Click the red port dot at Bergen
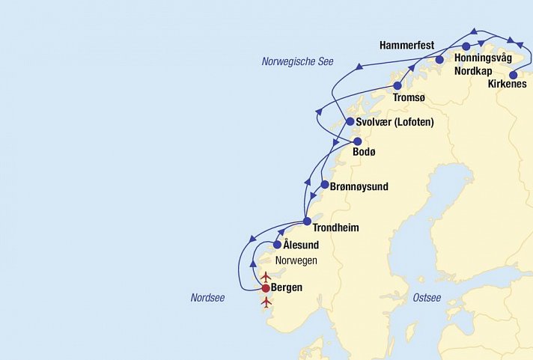[266, 288]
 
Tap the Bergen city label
[287, 288]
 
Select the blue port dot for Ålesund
[278, 245]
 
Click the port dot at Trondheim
[308, 221]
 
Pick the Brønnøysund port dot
[324, 185]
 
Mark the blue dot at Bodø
[358, 141]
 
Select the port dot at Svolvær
[350, 122]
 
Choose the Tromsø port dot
[398, 86]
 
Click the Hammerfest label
[406, 46]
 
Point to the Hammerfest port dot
[439, 60]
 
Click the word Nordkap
[474, 72]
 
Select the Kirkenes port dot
[514, 75]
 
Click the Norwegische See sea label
[297, 61]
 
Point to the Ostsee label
[427, 298]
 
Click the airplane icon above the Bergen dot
[266, 277]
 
